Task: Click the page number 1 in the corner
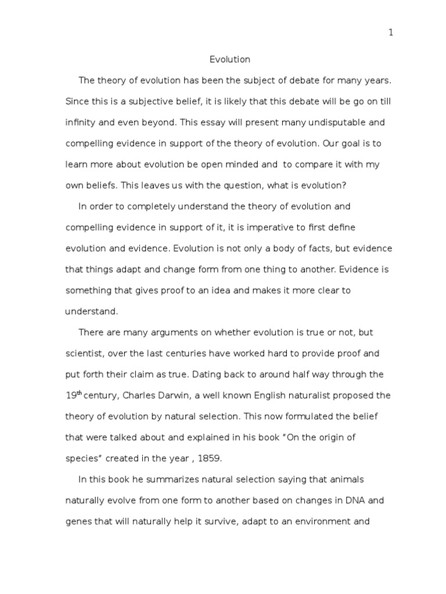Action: pos(391,33)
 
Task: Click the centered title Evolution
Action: pos(229,59)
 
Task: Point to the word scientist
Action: pos(84,353)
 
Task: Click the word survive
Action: pos(218,521)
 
